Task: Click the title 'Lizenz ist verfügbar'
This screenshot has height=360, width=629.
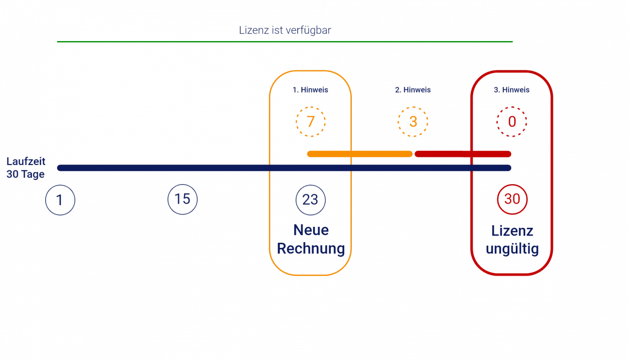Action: pyautogui.click(x=284, y=30)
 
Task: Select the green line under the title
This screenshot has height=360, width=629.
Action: pyautogui.click(x=284, y=41)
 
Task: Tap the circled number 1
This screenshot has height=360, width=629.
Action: pyautogui.click(x=60, y=200)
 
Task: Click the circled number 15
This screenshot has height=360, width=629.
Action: pyautogui.click(x=182, y=199)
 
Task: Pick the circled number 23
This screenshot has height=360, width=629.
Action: pyautogui.click(x=310, y=199)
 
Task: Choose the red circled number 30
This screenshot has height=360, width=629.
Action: pyautogui.click(x=512, y=199)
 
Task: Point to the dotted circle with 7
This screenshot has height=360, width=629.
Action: pyautogui.click(x=310, y=122)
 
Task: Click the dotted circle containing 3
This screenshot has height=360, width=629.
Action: pyautogui.click(x=412, y=122)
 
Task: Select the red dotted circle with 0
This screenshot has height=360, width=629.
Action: pyautogui.click(x=511, y=122)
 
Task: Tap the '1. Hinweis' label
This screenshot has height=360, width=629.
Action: pyautogui.click(x=310, y=89)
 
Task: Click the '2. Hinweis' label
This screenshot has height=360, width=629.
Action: pyautogui.click(x=412, y=89)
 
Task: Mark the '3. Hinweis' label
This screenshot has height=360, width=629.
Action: pyautogui.click(x=511, y=89)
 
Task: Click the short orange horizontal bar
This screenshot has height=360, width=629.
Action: pyautogui.click(x=359, y=154)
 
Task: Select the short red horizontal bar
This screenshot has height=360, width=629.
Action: pyautogui.click(x=462, y=154)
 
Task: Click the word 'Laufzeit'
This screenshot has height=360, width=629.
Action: pyautogui.click(x=26, y=161)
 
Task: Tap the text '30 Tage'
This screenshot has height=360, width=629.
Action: pyautogui.click(x=26, y=174)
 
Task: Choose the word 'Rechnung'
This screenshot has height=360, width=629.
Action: pyautogui.click(x=310, y=249)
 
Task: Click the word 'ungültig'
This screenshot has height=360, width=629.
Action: pyautogui.click(x=512, y=250)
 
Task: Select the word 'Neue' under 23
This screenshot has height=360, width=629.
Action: pyautogui.click(x=310, y=230)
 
